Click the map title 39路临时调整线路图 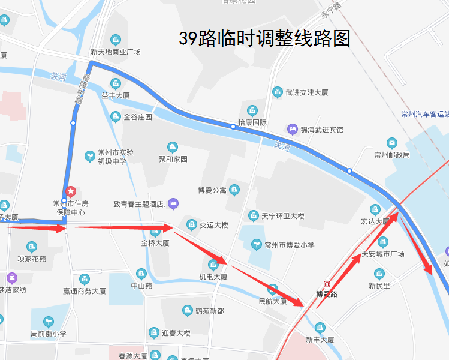pos(264,39)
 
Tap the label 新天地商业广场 pos(116,52)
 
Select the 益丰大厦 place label pos(116,95)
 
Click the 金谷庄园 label pos(138,117)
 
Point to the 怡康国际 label pos(252,122)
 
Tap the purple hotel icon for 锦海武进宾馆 pos(293,129)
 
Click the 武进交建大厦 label pos(307,92)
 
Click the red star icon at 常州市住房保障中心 pos(71,192)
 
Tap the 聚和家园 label pos(173,159)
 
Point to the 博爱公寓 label pos(212,191)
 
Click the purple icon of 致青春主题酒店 pos(173,204)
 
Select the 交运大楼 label pos(214,226)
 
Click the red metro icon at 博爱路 pos(327,284)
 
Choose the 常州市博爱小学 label pos(289,245)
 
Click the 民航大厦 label pos(273,301)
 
